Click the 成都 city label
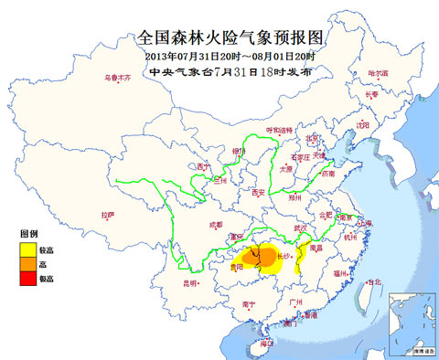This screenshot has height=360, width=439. click(x=215, y=224)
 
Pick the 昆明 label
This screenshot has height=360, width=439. click(x=190, y=283)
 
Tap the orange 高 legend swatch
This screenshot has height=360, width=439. click(x=29, y=262)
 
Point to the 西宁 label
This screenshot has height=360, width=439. click(x=203, y=166)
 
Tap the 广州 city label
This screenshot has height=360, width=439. click(x=294, y=301)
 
